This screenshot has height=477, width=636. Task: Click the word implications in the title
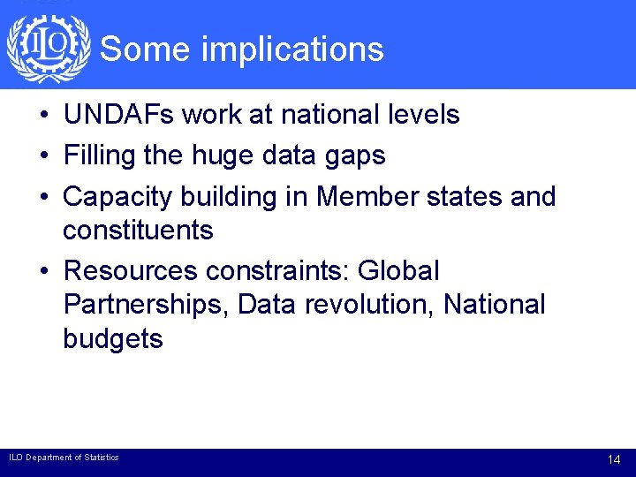[292, 49]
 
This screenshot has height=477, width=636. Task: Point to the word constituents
[138, 231]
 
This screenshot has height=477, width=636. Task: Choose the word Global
[397, 269]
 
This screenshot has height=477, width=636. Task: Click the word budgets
[113, 340]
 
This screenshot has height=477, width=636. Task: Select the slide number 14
[615, 460]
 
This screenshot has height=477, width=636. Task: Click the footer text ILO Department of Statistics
[64, 458]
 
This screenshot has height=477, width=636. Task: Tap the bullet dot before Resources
[42, 271]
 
